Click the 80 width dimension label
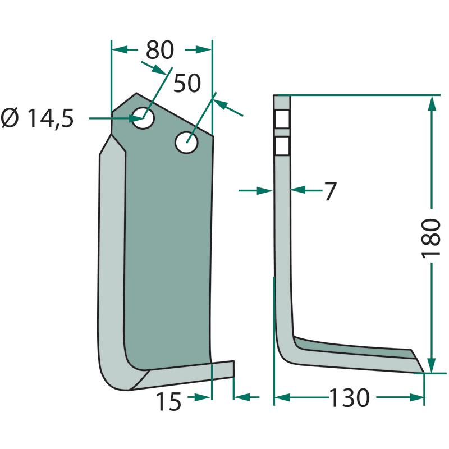[160, 50]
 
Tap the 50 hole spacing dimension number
[187, 83]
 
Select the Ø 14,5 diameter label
[37, 118]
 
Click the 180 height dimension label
[430, 238]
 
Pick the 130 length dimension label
[350, 398]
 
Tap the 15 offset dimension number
[169, 401]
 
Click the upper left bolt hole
[144, 118]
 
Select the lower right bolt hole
[187, 143]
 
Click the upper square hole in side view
[282, 119]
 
